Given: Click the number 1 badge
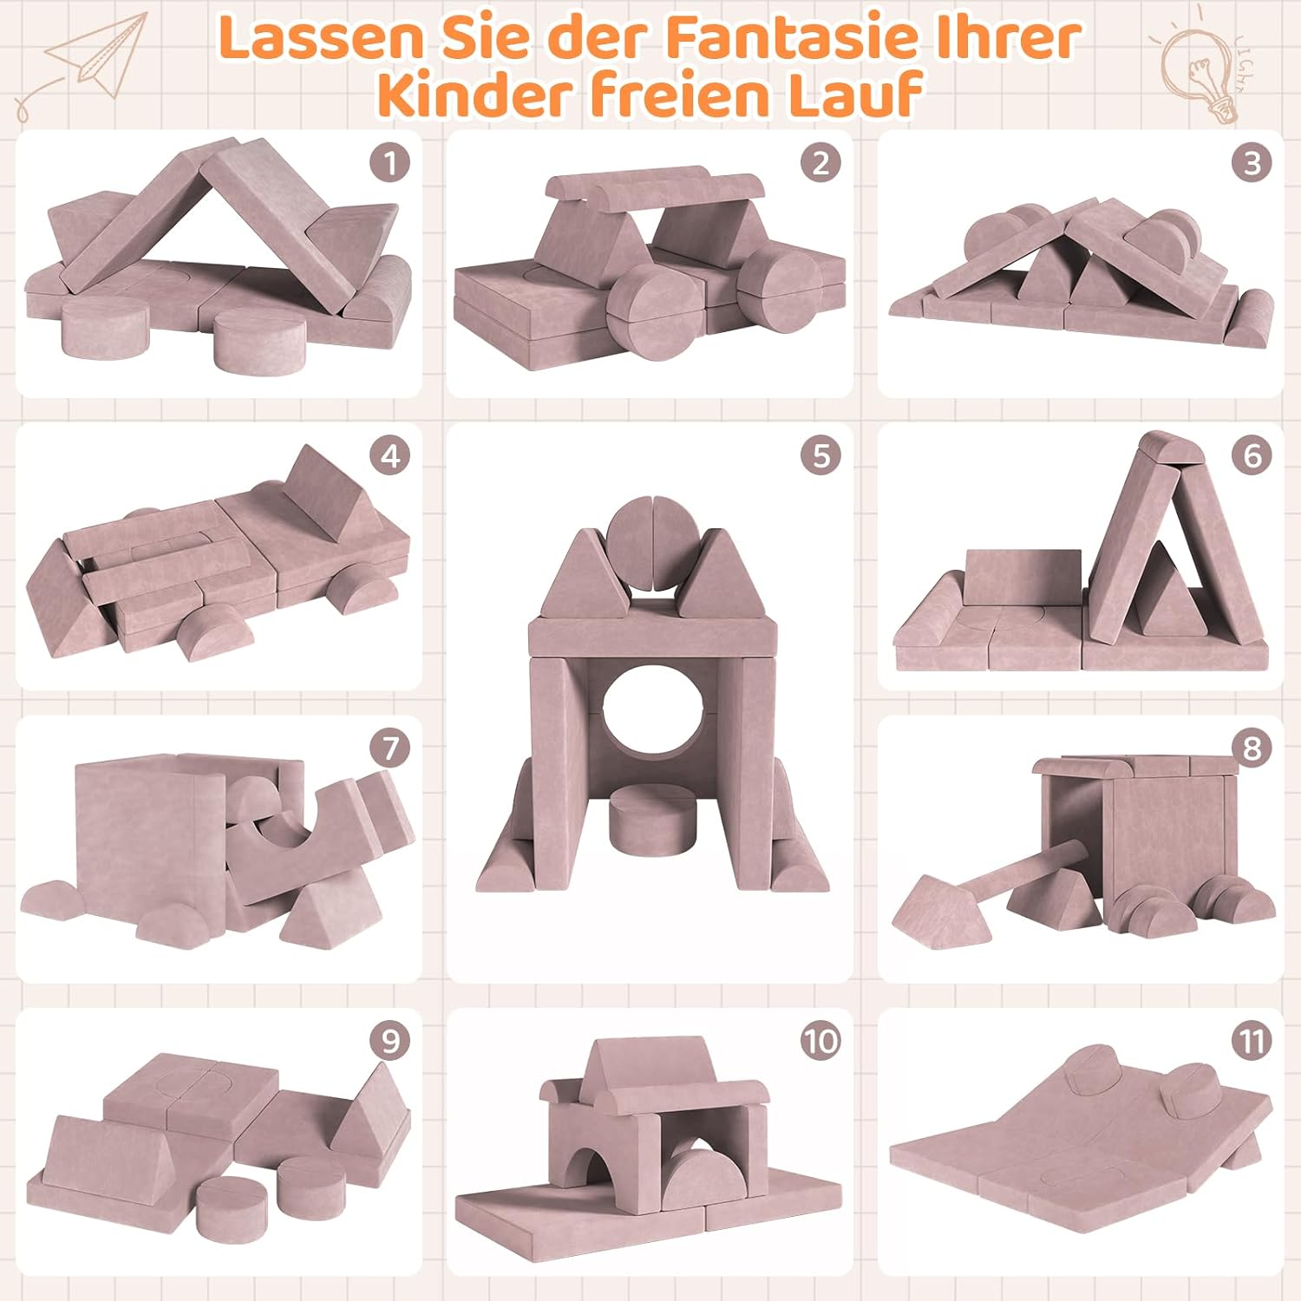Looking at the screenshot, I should click(389, 162).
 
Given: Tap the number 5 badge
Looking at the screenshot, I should click(820, 455).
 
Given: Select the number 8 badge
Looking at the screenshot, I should click(1252, 747).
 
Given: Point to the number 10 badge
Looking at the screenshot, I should click(820, 1040).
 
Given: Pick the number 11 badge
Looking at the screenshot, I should click(1252, 1040).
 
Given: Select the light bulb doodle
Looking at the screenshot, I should click(1201, 69).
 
